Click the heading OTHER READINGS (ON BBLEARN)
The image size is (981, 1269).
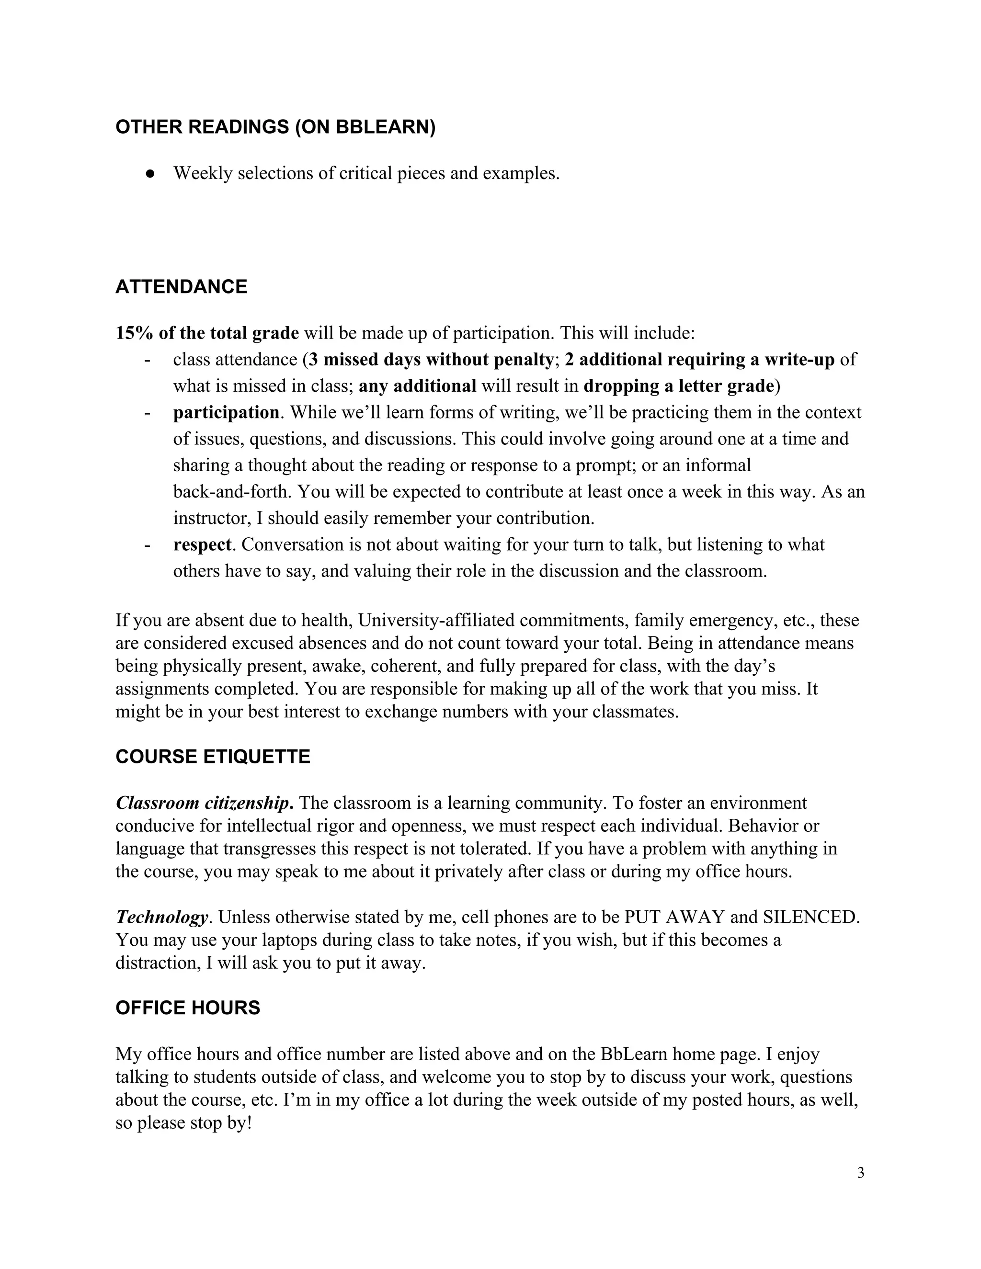[x=275, y=127]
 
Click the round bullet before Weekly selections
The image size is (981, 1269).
[x=150, y=174]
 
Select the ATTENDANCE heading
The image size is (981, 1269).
[x=182, y=286]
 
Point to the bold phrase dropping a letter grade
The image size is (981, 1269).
[x=679, y=386]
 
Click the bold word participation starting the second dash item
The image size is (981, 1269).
[x=226, y=412]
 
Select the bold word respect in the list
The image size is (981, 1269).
[x=202, y=544]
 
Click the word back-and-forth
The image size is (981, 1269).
[x=232, y=492]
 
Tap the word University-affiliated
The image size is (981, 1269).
[x=436, y=621]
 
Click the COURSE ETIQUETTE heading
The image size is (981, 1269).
[x=213, y=757]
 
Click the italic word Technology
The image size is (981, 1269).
[x=161, y=917]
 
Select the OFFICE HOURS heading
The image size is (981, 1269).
[x=188, y=1008]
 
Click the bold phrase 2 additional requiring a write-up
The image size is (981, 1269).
[x=699, y=360]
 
